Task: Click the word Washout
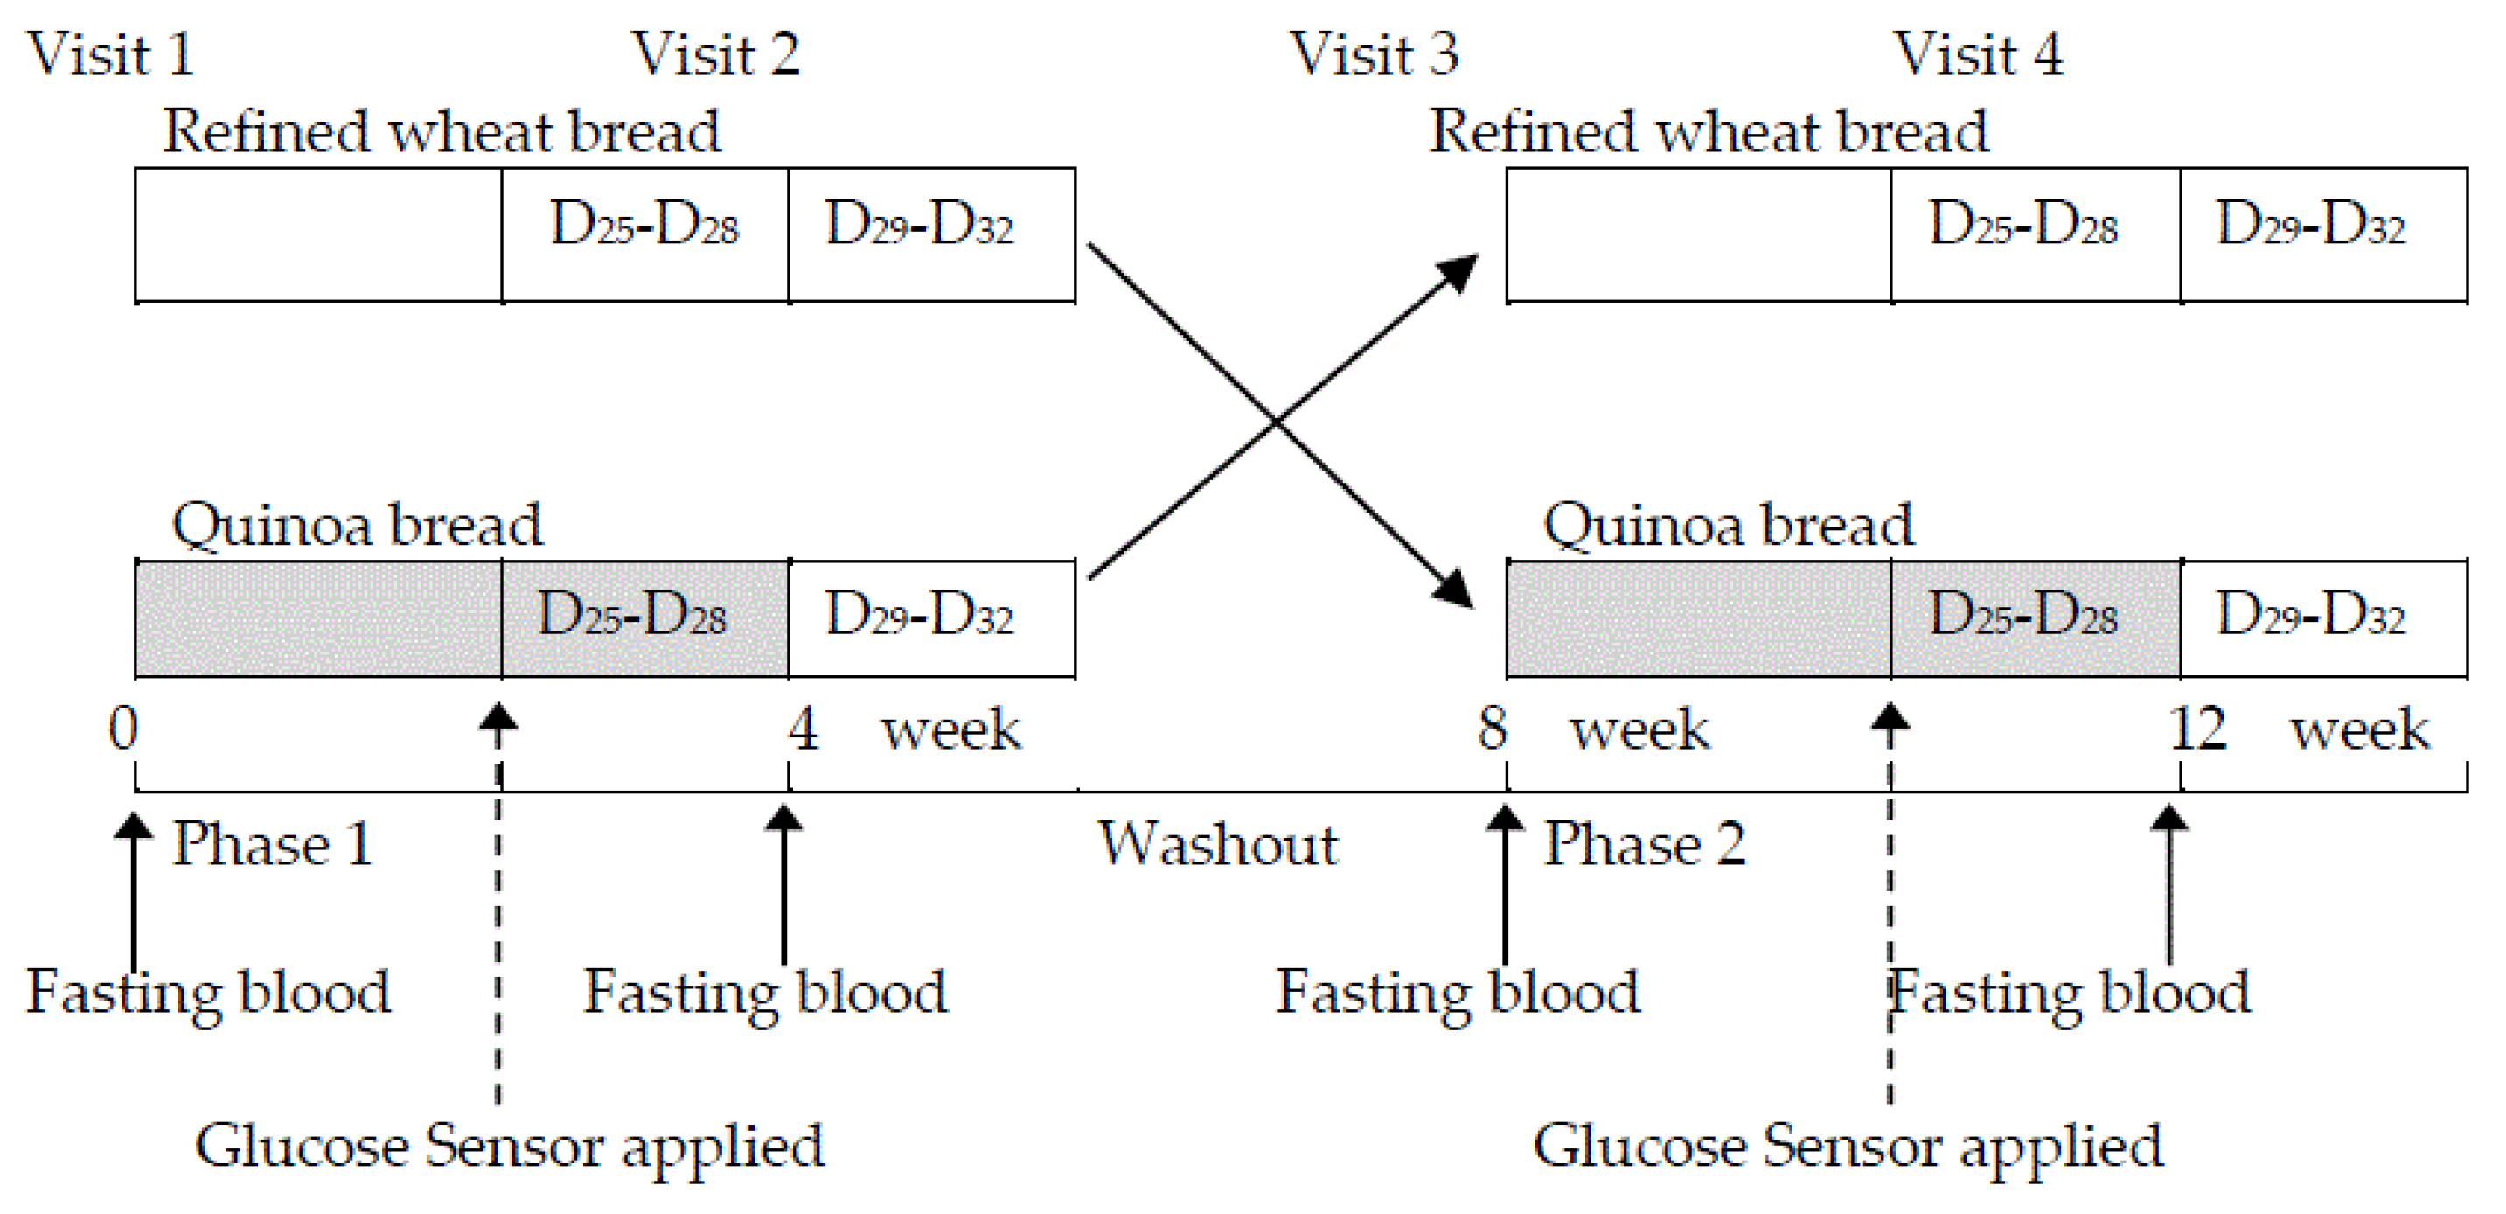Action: pos(1218,843)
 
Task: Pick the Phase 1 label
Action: pos(273,843)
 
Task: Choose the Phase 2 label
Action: pos(1644,843)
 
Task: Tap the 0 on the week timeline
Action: pos(123,729)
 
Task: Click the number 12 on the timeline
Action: pos(2196,729)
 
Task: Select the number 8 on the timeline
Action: pos(1492,729)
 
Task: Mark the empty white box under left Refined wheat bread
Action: pos(318,234)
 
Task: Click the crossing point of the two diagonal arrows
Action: pos(1277,422)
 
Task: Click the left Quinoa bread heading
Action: pos(357,526)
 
